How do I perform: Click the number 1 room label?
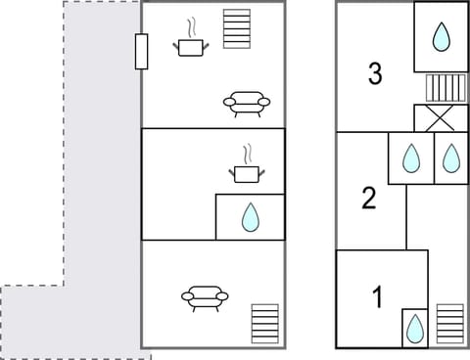tap(377, 296)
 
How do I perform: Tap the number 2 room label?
tap(369, 199)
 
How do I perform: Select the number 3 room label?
tap(375, 72)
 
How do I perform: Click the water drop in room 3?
tap(442, 38)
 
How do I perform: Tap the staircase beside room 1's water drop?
tap(449, 324)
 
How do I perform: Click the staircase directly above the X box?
tap(443, 87)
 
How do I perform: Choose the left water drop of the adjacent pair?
tap(411, 157)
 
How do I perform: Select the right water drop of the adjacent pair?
tap(450, 157)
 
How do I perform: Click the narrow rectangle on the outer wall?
tap(142, 51)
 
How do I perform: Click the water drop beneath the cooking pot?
tap(251, 217)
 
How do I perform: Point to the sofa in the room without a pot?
tap(205, 296)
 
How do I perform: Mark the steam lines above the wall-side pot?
tap(192, 26)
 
